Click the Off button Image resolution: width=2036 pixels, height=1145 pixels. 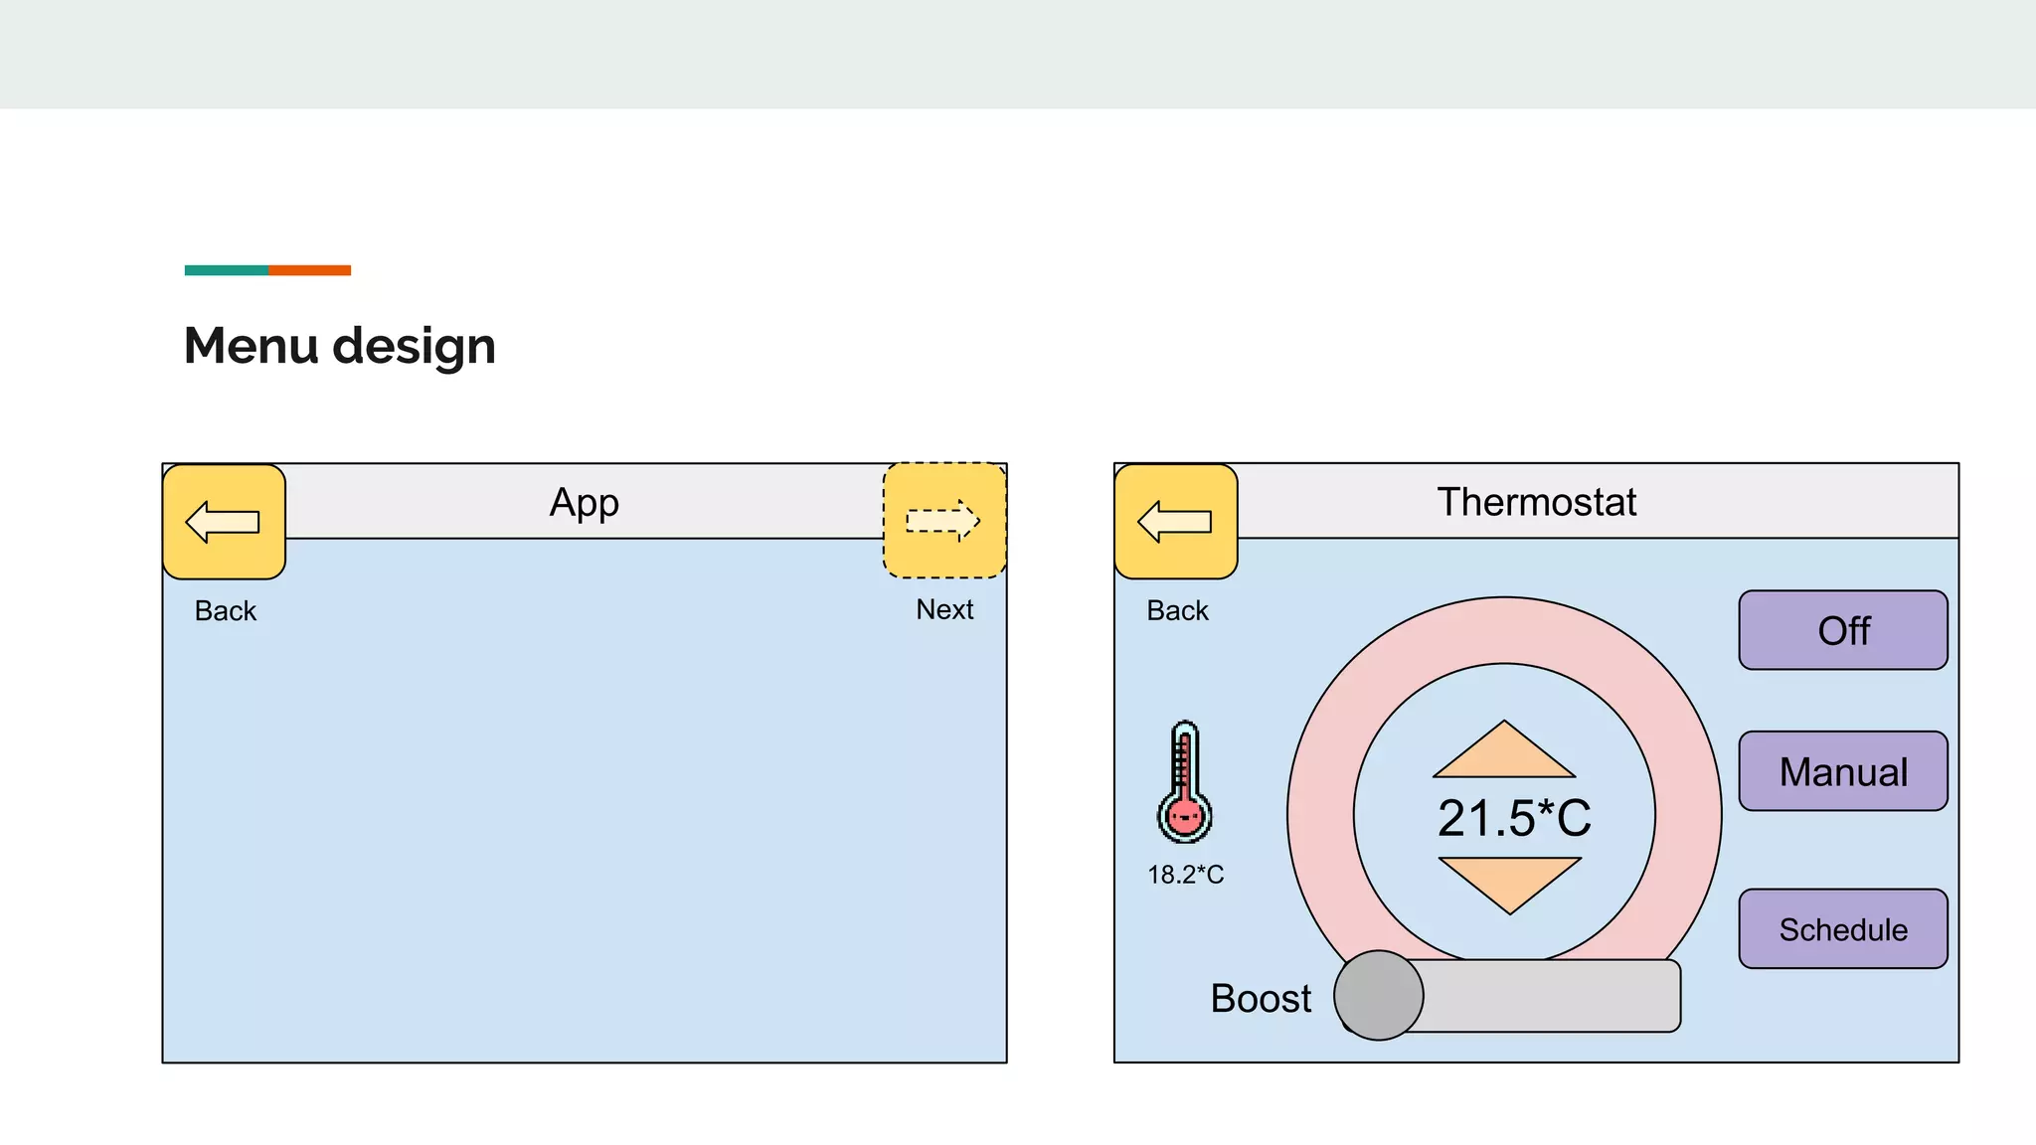point(1842,630)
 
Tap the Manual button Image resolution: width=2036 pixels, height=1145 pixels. point(1842,771)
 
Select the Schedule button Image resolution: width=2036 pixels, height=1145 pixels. point(1842,929)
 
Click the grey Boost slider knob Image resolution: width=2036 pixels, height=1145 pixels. point(1378,995)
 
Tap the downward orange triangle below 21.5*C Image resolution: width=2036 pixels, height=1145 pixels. point(1509,882)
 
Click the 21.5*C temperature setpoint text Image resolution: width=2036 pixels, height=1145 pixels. point(1513,818)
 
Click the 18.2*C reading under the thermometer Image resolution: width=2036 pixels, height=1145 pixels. point(1185,875)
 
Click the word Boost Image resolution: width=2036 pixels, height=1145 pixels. point(1261,998)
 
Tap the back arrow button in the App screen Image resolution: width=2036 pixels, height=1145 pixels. point(224,522)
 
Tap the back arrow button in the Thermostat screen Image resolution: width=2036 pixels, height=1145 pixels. point(1175,522)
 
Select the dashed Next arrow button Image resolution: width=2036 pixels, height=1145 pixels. point(944,521)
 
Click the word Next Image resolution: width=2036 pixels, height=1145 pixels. point(944,609)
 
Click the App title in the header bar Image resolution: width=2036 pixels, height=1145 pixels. point(585,503)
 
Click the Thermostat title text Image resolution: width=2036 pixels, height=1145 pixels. point(1536,502)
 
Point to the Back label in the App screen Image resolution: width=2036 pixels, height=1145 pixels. point(226,610)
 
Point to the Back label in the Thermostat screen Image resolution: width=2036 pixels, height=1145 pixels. point(1177,610)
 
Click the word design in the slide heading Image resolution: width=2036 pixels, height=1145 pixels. point(414,346)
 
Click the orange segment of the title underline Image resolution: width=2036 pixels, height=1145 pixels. point(309,270)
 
